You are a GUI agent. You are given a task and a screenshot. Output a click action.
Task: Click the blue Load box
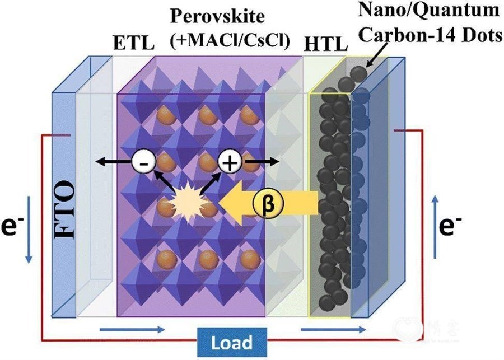click(x=232, y=342)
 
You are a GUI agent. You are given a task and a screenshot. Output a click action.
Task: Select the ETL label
click(x=134, y=43)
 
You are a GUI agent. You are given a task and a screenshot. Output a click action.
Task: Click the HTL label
click(x=326, y=44)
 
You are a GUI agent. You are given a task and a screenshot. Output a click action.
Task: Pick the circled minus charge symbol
click(x=144, y=162)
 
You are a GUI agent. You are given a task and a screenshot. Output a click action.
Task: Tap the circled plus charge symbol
click(x=230, y=162)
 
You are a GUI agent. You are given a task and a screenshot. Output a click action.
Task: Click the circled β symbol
click(x=268, y=203)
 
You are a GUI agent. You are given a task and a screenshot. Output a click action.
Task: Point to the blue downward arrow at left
click(x=29, y=230)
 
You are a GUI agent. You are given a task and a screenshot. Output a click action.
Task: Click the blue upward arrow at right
click(x=435, y=227)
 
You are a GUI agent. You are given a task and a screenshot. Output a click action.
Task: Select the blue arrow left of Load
click(x=132, y=329)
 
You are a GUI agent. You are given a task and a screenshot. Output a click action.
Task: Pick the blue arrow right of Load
click(x=333, y=329)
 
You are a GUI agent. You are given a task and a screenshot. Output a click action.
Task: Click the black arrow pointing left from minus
click(x=114, y=162)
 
